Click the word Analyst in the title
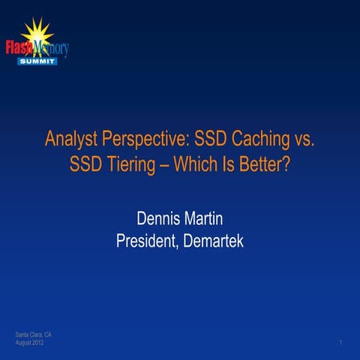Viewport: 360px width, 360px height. point(70,139)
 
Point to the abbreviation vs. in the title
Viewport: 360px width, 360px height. point(302,139)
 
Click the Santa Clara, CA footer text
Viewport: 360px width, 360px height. point(33,334)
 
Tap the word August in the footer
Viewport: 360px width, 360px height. point(25,342)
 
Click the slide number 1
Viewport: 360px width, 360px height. point(340,342)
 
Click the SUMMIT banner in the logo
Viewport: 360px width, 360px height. point(37,61)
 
